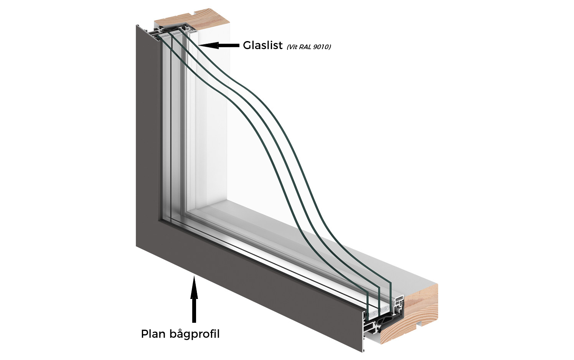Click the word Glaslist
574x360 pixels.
[x=263, y=45]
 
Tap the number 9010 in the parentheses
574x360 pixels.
[x=320, y=47]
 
